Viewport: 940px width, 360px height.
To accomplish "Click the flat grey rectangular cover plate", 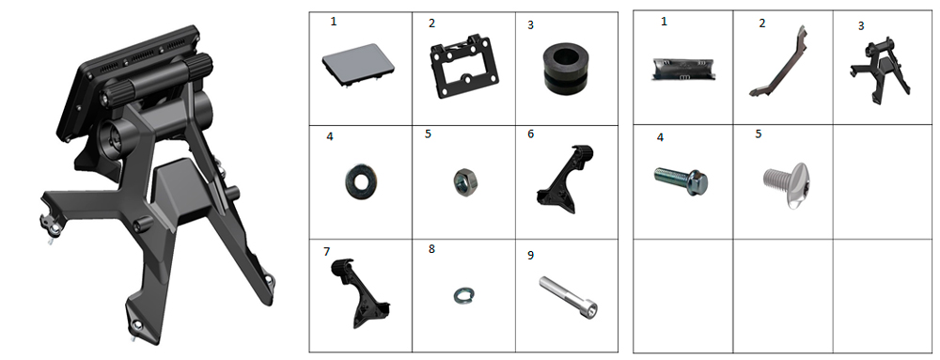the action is (x=359, y=66).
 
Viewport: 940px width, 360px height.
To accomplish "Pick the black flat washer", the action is (x=359, y=182).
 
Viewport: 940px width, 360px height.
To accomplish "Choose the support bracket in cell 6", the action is (x=563, y=180).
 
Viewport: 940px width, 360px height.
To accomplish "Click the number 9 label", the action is (x=530, y=256).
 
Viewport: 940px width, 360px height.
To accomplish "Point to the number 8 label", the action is (x=431, y=249).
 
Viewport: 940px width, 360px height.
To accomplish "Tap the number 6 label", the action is (x=530, y=134).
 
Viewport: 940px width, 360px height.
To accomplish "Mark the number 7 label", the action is (x=327, y=252).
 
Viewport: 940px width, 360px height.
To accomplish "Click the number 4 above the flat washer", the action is (x=330, y=136).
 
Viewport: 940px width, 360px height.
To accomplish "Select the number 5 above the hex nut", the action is (x=428, y=133).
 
